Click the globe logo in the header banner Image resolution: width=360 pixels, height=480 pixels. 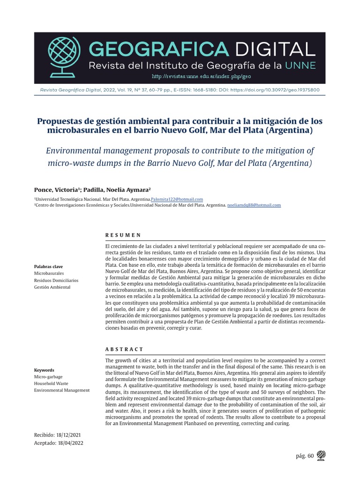[64, 55]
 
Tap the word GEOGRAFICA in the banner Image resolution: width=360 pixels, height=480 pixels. [157, 48]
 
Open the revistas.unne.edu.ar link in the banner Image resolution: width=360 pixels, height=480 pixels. [202, 76]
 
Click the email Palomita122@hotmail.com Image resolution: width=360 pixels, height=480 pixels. [180, 199]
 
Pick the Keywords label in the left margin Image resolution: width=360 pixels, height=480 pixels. [44, 370]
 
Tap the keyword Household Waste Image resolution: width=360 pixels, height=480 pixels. [51, 383]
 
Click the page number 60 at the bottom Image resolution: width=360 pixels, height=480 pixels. [310, 455]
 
